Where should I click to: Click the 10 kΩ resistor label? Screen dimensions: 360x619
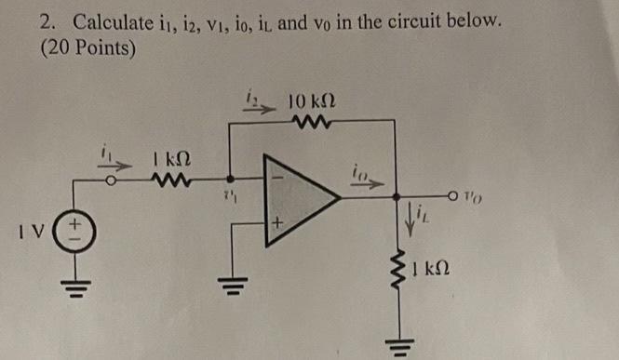click(312, 100)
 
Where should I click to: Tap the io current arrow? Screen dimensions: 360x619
click(368, 178)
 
